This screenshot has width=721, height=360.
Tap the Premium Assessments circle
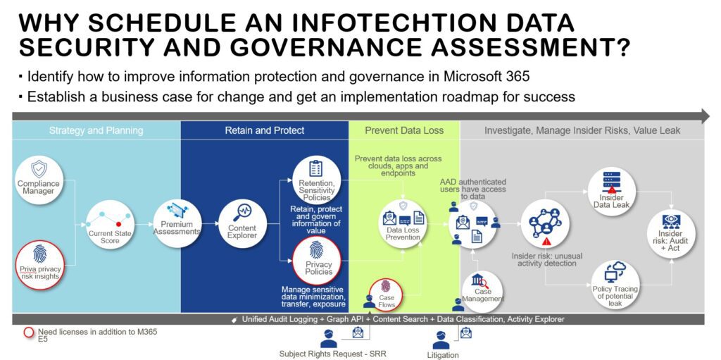pyautogui.click(x=177, y=223)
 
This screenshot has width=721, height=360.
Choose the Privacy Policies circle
pyautogui.click(x=315, y=261)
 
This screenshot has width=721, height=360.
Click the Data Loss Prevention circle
pyautogui.click(x=403, y=223)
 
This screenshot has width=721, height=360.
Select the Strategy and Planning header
pyautogui.click(x=96, y=130)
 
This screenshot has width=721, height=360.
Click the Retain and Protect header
pyautogui.click(x=265, y=130)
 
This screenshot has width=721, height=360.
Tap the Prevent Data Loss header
pyautogui.click(x=404, y=130)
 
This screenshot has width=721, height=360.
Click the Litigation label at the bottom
pyautogui.click(x=443, y=354)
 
